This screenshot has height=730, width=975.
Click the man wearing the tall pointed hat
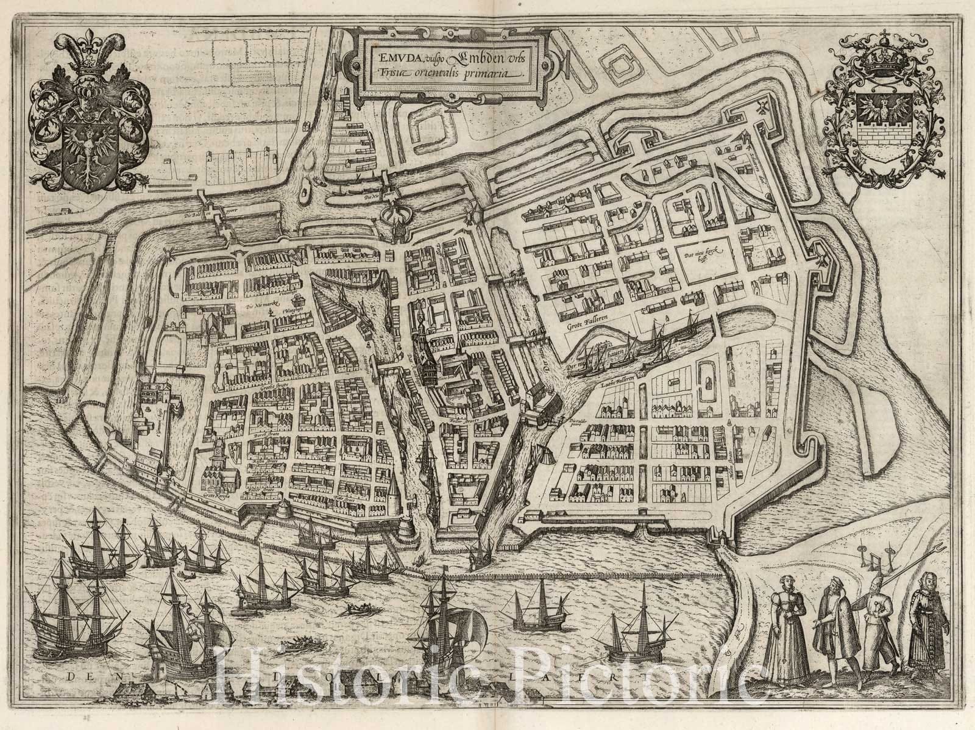(x=877, y=616)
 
